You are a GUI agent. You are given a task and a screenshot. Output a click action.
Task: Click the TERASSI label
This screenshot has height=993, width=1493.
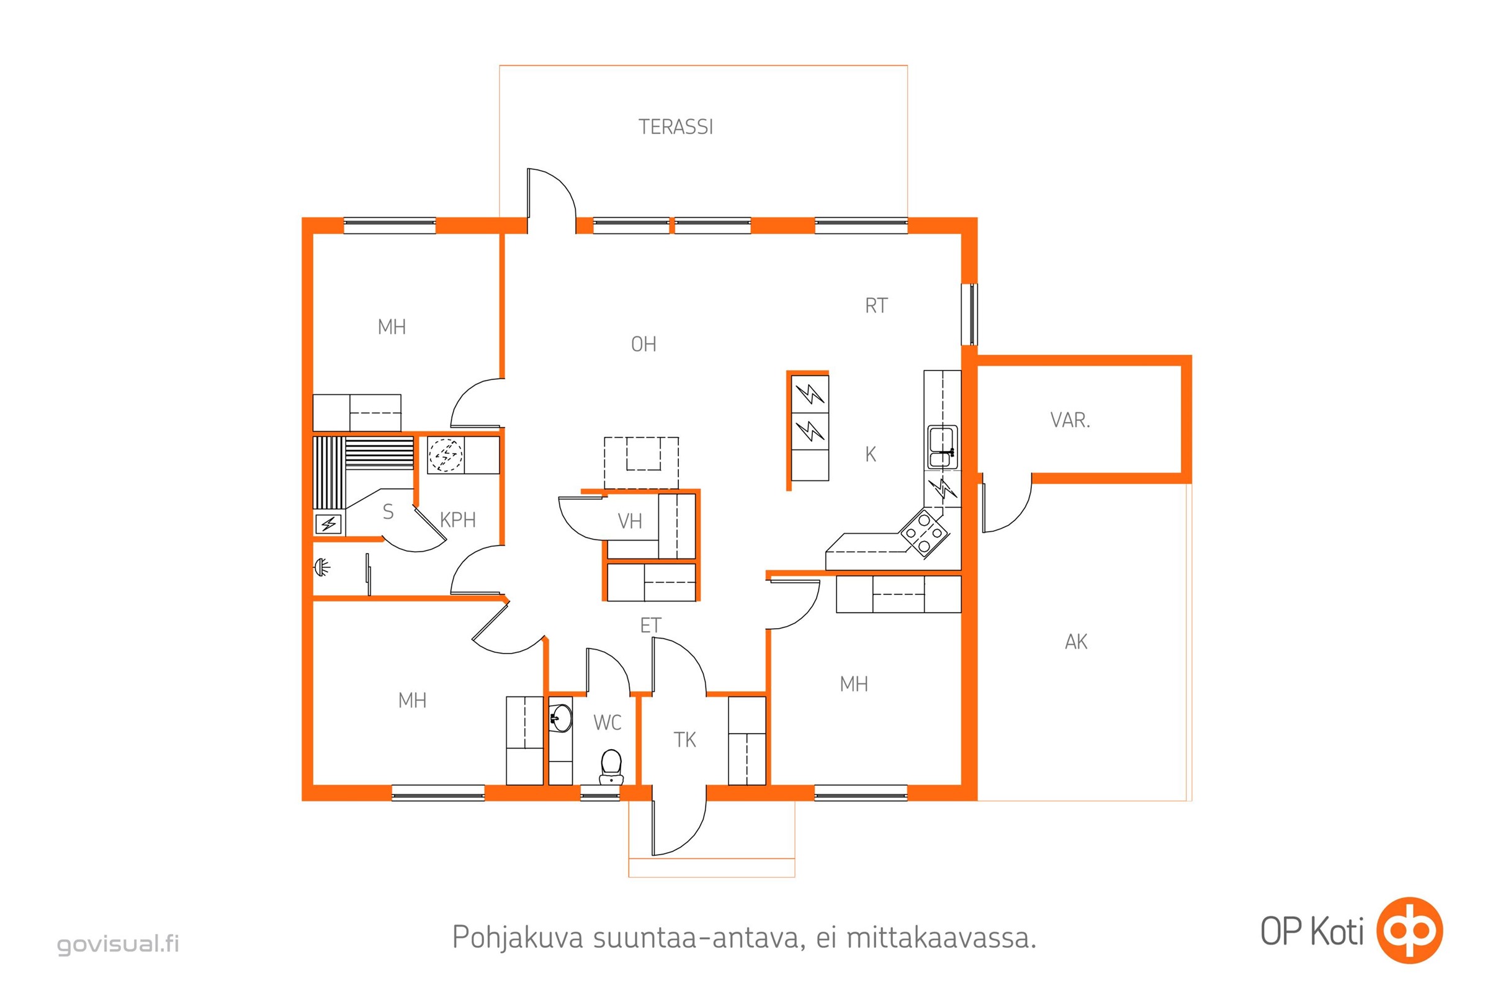[x=676, y=127]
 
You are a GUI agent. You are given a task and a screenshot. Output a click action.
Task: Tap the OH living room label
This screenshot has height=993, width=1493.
[x=643, y=344]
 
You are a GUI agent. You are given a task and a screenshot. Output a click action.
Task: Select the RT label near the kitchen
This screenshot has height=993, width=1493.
[x=876, y=306]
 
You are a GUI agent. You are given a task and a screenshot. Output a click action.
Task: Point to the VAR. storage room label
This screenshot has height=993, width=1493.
[x=1070, y=420]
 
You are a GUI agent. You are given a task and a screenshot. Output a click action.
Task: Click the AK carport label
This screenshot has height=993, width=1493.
[x=1076, y=642]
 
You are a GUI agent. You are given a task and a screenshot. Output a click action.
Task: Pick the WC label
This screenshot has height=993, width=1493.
[x=608, y=722]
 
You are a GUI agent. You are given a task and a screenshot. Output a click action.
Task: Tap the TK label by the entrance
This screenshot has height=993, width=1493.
[x=684, y=740]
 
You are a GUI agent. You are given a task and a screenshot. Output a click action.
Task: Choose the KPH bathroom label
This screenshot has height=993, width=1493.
[x=457, y=520]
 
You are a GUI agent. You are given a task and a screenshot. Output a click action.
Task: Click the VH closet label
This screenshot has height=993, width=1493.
[x=629, y=521]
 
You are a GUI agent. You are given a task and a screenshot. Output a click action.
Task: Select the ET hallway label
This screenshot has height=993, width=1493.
[x=650, y=626]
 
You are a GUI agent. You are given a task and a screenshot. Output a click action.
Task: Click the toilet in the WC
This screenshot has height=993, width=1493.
[x=611, y=766]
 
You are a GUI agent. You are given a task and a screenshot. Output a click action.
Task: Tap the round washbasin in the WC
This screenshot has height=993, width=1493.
[x=560, y=717]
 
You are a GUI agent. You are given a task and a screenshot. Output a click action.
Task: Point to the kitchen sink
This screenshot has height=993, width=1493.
[x=942, y=446]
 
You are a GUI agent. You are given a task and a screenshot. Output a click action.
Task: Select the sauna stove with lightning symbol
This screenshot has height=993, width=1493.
[x=329, y=524]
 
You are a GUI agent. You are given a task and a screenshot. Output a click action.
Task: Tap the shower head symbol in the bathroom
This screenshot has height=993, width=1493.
[x=322, y=567]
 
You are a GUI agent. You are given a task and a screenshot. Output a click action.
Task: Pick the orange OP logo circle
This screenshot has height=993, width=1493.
[x=1410, y=930]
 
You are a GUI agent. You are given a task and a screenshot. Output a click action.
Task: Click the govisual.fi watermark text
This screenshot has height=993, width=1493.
[x=119, y=943]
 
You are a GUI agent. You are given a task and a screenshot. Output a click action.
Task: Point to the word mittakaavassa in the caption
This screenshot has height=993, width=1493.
[x=941, y=938]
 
